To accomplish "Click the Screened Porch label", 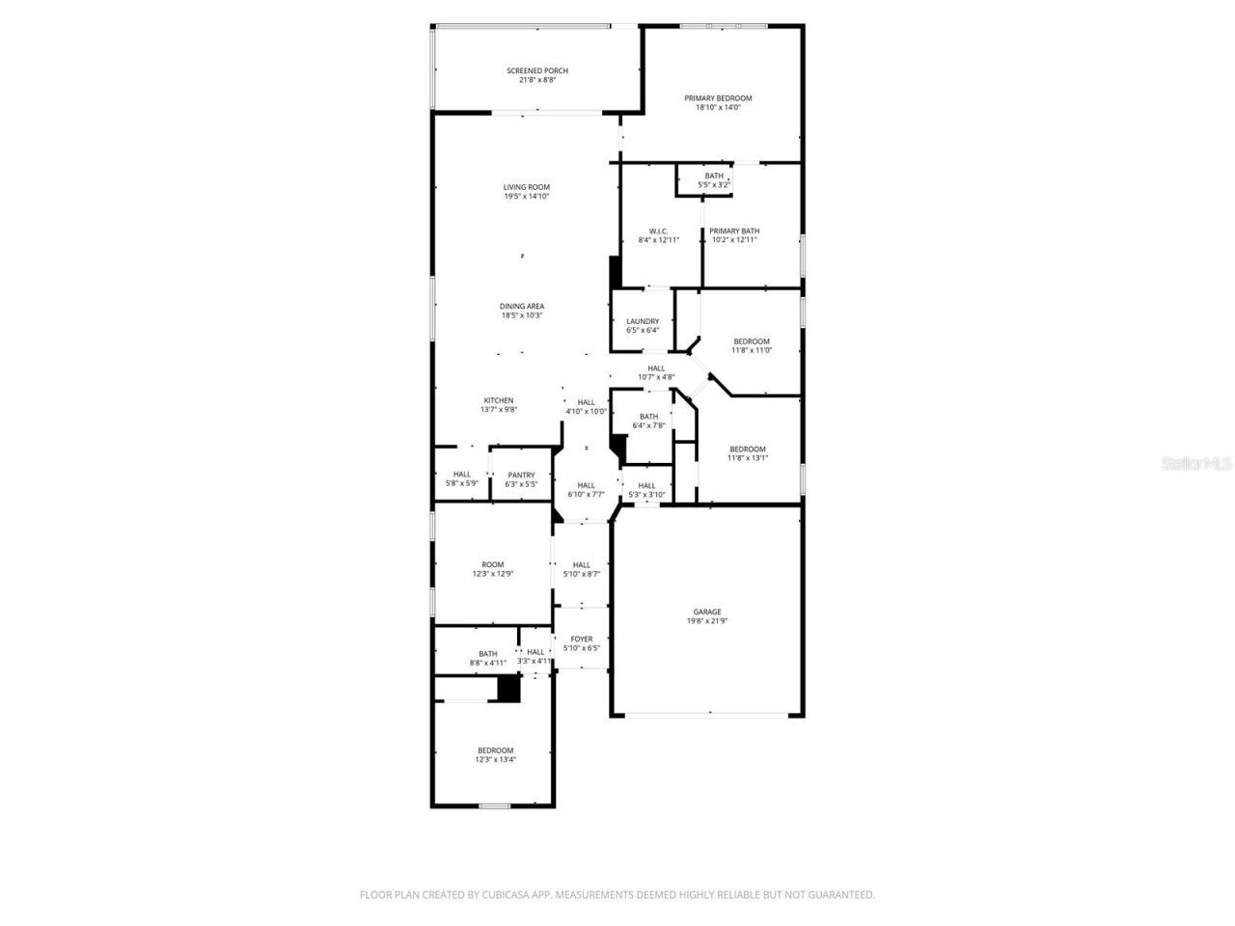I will tap(537, 70).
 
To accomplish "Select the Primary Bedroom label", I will tap(718, 98).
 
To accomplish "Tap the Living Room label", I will tap(526, 187).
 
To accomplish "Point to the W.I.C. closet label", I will tap(658, 231).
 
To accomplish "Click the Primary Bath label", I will tap(734, 231).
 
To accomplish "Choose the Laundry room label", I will tap(643, 321).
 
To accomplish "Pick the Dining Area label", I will tap(522, 307).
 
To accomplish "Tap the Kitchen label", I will tap(499, 400).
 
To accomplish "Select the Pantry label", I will tap(521, 475).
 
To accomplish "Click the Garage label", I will tap(706, 612).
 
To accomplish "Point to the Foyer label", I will tap(582, 639).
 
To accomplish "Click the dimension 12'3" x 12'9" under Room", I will tap(493, 574).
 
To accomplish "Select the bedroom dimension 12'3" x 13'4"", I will tap(495, 759).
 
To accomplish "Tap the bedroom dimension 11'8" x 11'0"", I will tap(752, 350).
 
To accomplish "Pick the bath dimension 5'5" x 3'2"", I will tap(714, 184).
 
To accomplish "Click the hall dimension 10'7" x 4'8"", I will tap(656, 377).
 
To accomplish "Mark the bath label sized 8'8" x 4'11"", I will tap(488, 654).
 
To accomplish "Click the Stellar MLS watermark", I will tap(1196, 463).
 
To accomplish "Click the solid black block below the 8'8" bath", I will tap(508, 689).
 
